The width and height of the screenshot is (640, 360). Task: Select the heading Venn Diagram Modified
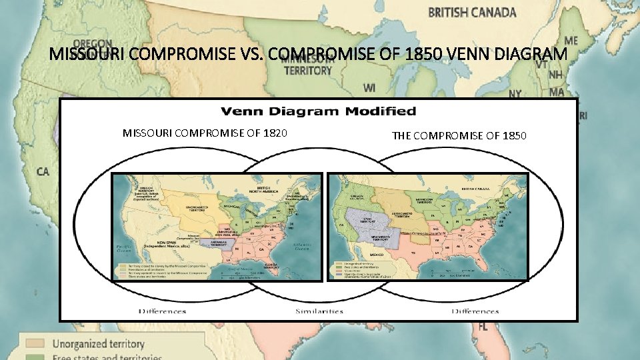pyautogui.click(x=318, y=111)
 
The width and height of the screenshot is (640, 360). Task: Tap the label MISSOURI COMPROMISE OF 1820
pyautogui.click(x=205, y=133)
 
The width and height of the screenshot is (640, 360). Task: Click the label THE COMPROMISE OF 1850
pyautogui.click(x=459, y=136)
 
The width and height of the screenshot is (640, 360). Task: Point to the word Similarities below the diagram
pyautogui.click(x=319, y=311)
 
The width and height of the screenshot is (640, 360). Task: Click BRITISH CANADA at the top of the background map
pyautogui.click(x=471, y=12)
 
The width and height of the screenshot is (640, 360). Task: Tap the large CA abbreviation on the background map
pyautogui.click(x=43, y=171)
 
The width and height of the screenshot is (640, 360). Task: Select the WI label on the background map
pyautogui.click(x=369, y=87)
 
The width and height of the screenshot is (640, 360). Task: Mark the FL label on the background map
pyautogui.click(x=483, y=327)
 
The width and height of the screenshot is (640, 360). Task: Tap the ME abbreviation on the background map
pyautogui.click(x=571, y=41)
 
